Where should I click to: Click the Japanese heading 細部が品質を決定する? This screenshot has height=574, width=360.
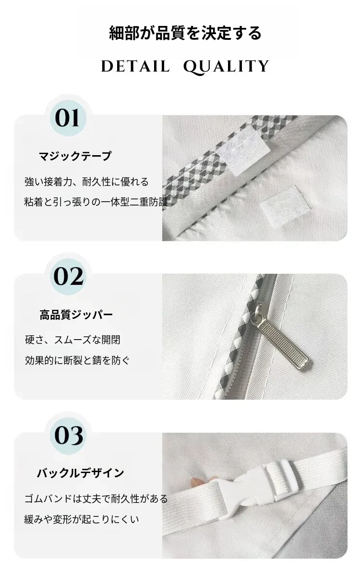coord(185,33)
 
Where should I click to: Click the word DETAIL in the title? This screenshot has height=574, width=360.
coord(135,66)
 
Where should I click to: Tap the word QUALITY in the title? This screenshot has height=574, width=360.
coord(226,67)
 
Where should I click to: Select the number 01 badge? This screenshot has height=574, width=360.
coord(68,118)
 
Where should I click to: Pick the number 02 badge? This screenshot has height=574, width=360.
coord(69,276)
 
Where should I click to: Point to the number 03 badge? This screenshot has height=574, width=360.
coord(69,436)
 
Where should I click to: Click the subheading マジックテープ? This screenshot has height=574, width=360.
coord(75,156)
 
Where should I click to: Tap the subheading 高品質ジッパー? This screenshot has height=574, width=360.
coord(76,315)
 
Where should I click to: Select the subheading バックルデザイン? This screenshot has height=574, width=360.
coord(80,473)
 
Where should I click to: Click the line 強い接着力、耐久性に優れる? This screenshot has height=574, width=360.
coord(87,182)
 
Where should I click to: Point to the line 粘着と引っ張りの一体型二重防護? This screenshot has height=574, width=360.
coord(96,202)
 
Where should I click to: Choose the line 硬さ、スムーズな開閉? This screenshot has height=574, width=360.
coord(72,340)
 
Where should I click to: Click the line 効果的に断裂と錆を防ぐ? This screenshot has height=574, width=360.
coord(77,360)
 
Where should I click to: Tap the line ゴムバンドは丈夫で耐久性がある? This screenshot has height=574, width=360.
coord(96,499)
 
